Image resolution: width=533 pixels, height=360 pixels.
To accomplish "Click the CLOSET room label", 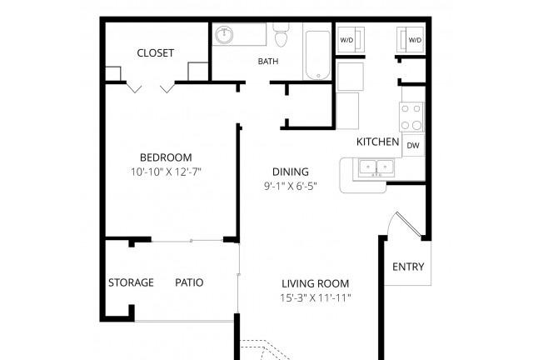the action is coord(156,53).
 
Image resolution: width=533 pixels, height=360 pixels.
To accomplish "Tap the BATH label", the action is coord(268,62).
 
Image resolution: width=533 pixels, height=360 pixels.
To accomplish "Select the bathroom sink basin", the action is coord(224,35).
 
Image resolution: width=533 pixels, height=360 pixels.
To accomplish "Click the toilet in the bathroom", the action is coord(281,35).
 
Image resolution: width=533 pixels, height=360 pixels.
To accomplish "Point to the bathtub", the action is coord(317,55).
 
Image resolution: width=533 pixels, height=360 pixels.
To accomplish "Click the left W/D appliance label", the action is coord(346,40).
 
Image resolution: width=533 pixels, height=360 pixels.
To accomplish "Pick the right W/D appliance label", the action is coord(415,40).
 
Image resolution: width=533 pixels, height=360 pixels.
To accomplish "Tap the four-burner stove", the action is coord(411,117).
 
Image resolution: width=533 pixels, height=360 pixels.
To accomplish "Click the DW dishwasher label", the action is coord(413,146).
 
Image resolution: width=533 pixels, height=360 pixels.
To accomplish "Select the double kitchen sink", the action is coord(376,167).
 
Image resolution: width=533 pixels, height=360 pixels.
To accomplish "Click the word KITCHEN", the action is coord(377,142).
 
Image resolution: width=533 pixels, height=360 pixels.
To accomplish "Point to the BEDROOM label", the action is coord(166,157).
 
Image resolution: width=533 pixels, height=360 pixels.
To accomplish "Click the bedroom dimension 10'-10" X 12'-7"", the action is coord(167,172).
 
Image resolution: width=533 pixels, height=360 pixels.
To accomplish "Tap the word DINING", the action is coord(291,172).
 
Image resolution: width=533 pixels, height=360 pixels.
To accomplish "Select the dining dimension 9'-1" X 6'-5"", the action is coord(291,186).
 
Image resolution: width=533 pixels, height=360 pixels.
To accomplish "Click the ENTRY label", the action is coord(408,267).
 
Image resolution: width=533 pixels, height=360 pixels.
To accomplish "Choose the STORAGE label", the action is coord(131,282).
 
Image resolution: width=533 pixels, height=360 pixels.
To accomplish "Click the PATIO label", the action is coord(189,282).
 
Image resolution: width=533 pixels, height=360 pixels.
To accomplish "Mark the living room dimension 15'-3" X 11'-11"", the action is coord(316,298).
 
